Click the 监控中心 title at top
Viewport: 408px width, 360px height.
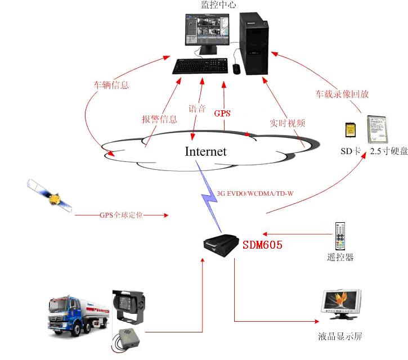pyautogui.click(x=218, y=5)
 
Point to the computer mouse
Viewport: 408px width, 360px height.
pyautogui.click(x=236, y=69)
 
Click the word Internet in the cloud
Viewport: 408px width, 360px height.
pyautogui.click(x=206, y=151)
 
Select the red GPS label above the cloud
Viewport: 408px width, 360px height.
pyautogui.click(x=223, y=112)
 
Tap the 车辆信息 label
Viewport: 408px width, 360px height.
pyautogui.click(x=111, y=85)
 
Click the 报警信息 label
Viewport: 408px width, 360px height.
pyautogui.click(x=159, y=119)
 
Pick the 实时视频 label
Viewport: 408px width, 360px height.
pyautogui.click(x=287, y=123)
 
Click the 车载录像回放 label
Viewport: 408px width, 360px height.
pyautogui.click(x=342, y=93)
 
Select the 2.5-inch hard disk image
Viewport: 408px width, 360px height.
pyautogui.click(x=378, y=129)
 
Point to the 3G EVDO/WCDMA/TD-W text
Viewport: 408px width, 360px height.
pyautogui.click(x=255, y=194)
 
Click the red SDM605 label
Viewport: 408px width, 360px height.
pyautogui.click(x=262, y=245)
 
